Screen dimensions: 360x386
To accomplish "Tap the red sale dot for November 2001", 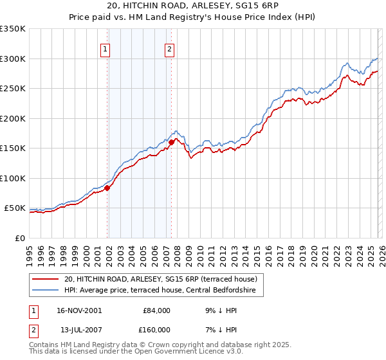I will point(107,188).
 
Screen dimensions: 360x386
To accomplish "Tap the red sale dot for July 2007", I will point(172,142).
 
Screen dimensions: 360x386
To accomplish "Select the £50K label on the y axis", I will point(15,208).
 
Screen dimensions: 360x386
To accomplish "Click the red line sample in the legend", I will point(46,279).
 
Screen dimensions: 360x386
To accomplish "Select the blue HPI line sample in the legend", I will point(46,291).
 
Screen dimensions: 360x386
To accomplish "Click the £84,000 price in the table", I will point(155,310).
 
